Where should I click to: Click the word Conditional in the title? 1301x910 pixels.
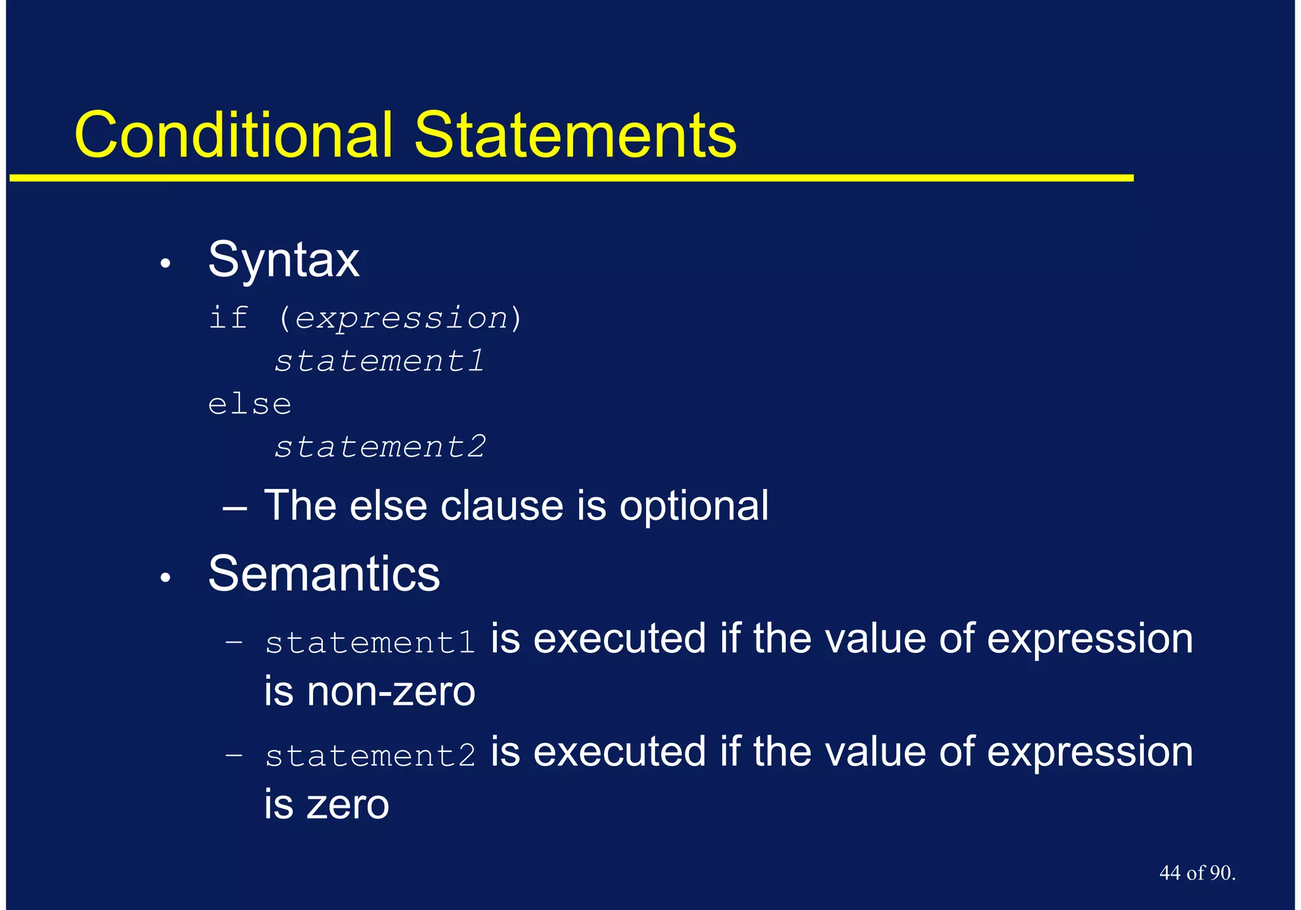click(x=233, y=135)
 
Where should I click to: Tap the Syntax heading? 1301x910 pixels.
click(x=283, y=260)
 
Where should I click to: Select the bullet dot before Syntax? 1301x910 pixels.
click(x=165, y=264)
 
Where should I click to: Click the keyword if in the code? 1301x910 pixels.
click(x=227, y=317)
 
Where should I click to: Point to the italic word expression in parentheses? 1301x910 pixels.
click(x=401, y=318)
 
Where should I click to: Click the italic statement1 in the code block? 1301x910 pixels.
click(x=379, y=361)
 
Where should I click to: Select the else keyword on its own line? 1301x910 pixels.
click(x=250, y=404)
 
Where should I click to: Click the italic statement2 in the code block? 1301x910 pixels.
click(x=379, y=446)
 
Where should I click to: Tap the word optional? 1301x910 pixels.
click(x=694, y=507)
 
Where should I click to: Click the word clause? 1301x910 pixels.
click(x=502, y=506)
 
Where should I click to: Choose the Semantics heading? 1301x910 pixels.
click(x=323, y=574)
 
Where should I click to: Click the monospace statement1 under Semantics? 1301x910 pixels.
click(x=370, y=642)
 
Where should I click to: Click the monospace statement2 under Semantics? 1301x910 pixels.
click(x=370, y=755)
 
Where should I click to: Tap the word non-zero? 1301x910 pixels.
click(x=391, y=692)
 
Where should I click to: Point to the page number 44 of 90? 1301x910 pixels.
click(x=1197, y=873)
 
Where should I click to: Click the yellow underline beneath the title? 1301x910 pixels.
click(x=572, y=178)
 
